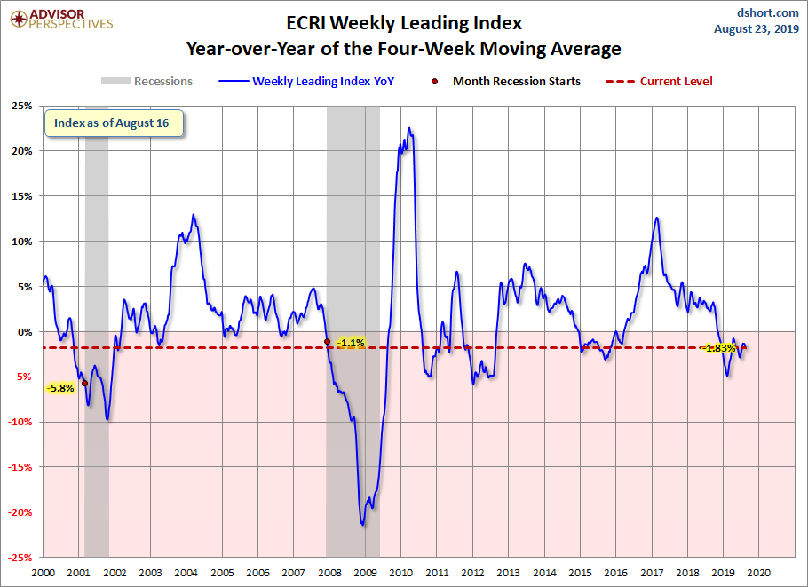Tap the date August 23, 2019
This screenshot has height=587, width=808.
click(757, 28)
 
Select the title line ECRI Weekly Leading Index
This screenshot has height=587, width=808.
click(404, 22)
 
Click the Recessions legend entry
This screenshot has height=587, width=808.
click(147, 81)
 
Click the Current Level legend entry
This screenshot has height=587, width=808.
click(661, 81)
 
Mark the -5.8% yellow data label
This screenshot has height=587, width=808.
click(60, 388)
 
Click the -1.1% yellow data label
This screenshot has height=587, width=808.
click(351, 343)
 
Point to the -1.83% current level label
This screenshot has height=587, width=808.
click(719, 348)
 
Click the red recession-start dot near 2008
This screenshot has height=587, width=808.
click(328, 342)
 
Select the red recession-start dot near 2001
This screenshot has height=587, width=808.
click(84, 384)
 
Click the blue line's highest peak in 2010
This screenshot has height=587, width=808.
click(409, 128)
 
